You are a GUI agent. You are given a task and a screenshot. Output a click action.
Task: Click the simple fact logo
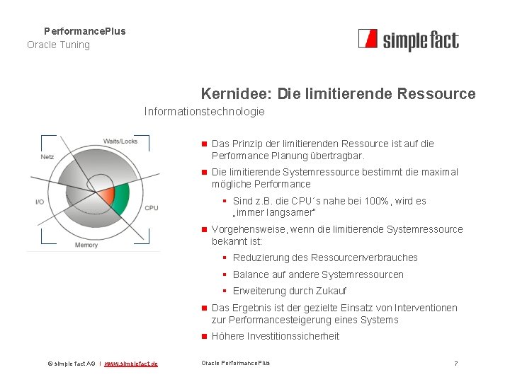[408, 40]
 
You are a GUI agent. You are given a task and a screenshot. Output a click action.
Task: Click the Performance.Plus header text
[84, 31]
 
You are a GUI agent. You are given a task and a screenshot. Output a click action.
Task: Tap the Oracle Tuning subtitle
[58, 45]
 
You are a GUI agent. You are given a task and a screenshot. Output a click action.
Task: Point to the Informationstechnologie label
[204, 111]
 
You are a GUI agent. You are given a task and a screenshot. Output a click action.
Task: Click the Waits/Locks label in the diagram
[120, 141]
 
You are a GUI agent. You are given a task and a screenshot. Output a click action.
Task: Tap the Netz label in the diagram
[47, 156]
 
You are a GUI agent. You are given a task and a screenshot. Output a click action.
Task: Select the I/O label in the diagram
[40, 202]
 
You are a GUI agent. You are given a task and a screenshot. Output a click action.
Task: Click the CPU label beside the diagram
[151, 208]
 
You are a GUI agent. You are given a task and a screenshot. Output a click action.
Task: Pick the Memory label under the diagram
[86, 245]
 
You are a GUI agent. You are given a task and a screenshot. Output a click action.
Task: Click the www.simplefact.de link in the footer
[131, 364]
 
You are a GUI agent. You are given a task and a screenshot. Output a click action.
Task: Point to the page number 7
[455, 364]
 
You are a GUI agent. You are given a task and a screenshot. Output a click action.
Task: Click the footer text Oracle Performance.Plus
[235, 363]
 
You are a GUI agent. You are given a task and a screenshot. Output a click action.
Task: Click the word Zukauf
[330, 291]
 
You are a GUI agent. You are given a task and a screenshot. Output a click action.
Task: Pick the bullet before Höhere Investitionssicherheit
[203, 336]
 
